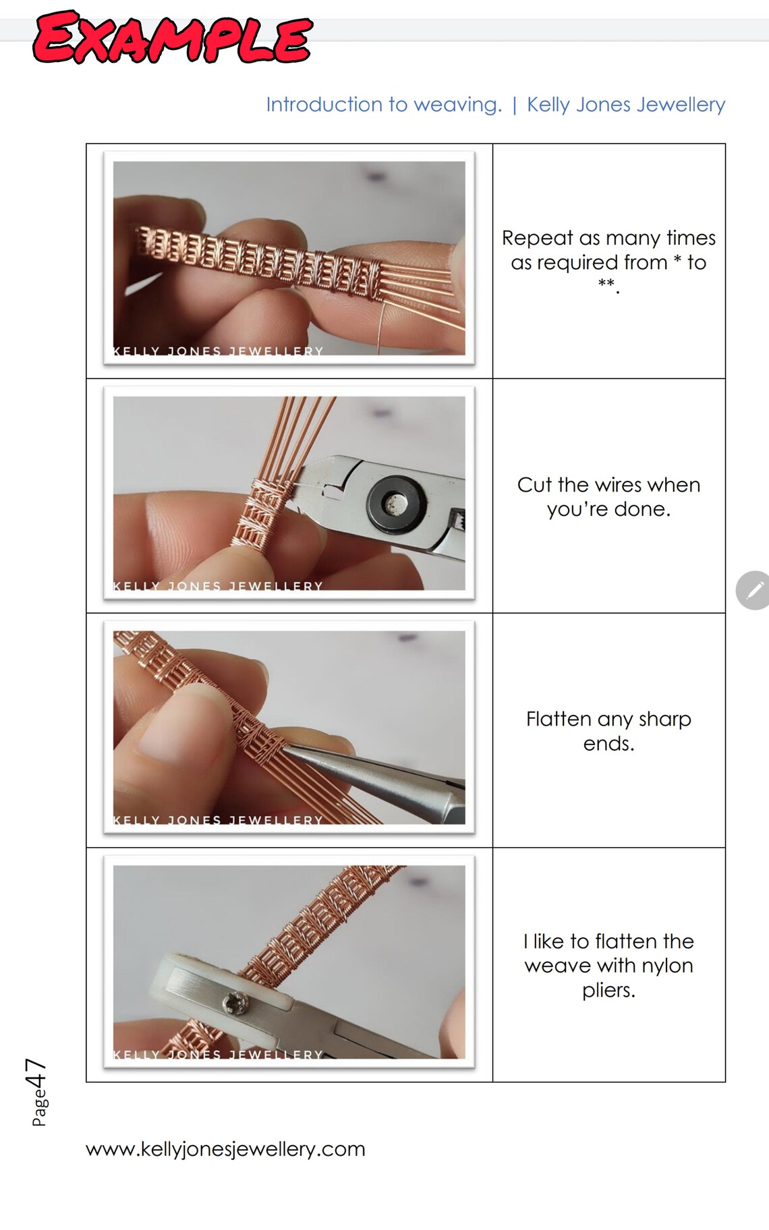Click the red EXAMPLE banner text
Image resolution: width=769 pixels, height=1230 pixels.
[172, 37]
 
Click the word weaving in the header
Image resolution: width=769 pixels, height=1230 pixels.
[457, 105]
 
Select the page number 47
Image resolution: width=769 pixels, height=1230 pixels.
[35, 1073]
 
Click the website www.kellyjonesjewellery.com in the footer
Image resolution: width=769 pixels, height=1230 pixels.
[225, 1148]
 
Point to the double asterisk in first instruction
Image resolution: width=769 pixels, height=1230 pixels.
[606, 285]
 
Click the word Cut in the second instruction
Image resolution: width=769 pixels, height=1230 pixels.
[535, 485]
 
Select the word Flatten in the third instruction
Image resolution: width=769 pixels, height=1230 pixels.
[558, 719]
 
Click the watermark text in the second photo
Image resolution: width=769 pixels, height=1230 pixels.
[217, 586]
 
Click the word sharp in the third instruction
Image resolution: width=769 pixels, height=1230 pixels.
[664, 719]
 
